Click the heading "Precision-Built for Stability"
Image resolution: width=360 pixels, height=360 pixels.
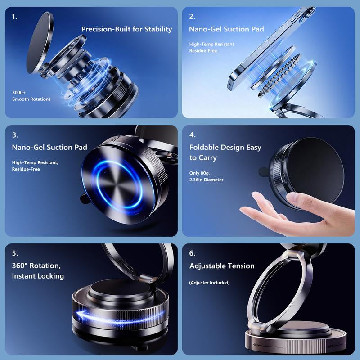pyautogui.click(x=126, y=29)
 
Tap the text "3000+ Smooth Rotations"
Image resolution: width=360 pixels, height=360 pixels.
pyautogui.click(x=31, y=96)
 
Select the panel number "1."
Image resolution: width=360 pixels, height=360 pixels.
pyautogui.click(x=14, y=17)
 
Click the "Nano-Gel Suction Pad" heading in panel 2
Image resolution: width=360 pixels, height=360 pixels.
pyautogui.click(x=226, y=29)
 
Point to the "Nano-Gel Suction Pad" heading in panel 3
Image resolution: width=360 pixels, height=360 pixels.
pyautogui.click(x=49, y=148)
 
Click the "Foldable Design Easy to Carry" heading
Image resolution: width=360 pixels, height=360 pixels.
pyautogui.click(x=225, y=153)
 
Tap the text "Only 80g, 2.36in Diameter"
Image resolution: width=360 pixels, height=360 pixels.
pyautogui.click(x=206, y=176)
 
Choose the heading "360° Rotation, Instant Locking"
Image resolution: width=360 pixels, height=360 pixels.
pyautogui.click(x=38, y=271)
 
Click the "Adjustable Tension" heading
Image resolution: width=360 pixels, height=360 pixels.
pyautogui.click(x=222, y=266)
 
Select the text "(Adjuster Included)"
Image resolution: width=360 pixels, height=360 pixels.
pyautogui.click(x=209, y=283)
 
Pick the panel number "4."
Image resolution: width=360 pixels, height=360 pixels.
pyautogui.click(x=193, y=135)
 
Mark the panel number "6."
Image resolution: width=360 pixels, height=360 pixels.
pyautogui.click(x=192, y=253)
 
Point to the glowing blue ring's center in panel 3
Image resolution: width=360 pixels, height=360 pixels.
pyautogui.click(x=119, y=184)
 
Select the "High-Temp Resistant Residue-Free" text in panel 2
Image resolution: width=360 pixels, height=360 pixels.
pyautogui.click(x=211, y=48)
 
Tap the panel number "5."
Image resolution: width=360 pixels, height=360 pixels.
pyautogui.click(x=15, y=253)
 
